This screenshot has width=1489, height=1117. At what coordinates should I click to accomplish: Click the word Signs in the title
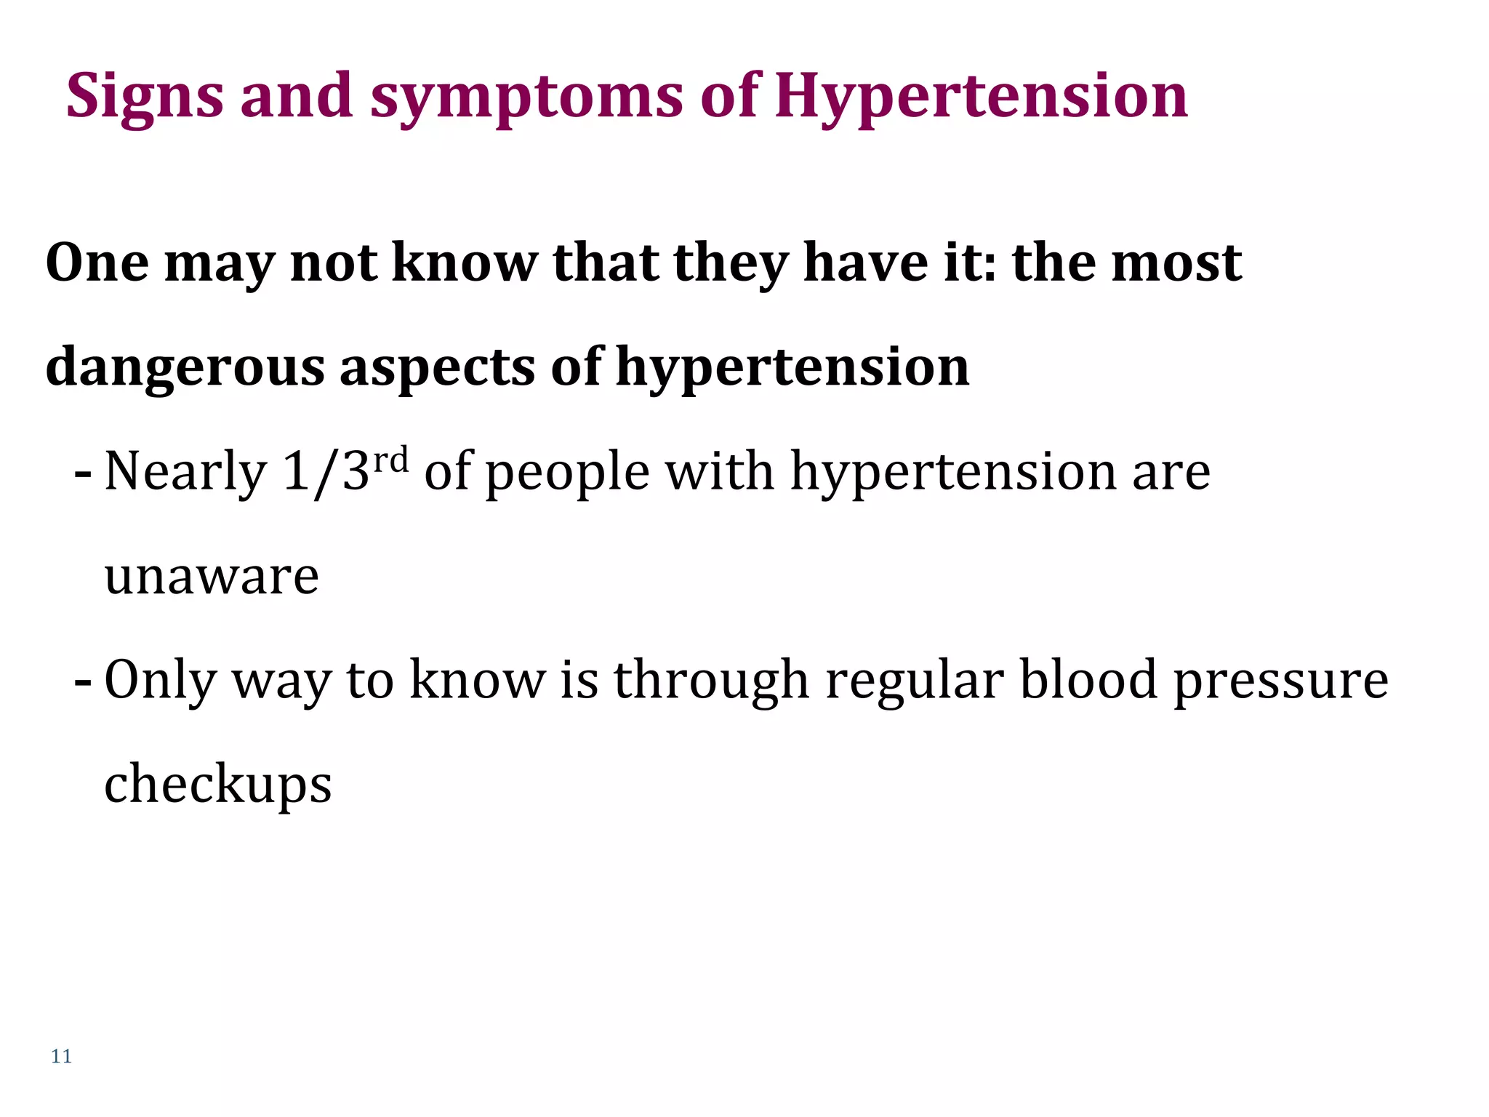(145, 97)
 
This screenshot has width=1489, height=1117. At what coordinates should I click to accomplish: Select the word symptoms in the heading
(526, 97)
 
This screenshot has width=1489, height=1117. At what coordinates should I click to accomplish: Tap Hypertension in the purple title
(981, 97)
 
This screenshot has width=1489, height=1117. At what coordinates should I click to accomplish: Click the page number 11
(61, 1056)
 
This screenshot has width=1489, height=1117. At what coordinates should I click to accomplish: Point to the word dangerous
(185, 367)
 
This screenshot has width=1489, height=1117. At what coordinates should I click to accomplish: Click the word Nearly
(186, 473)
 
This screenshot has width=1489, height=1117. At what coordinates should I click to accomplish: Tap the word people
(567, 473)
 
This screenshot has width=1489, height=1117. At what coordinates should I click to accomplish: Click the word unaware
(212, 576)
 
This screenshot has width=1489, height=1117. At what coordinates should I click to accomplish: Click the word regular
(915, 681)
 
